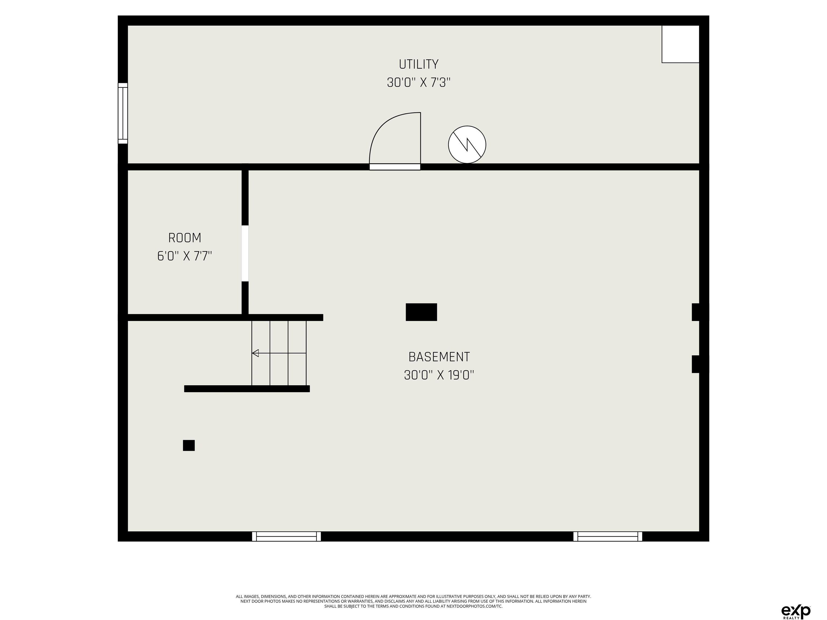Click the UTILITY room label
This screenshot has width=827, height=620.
click(418, 64)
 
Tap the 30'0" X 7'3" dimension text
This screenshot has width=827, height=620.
click(418, 82)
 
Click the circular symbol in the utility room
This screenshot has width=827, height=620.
click(467, 145)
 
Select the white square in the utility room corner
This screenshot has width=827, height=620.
click(681, 44)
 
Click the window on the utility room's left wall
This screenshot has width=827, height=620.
click(123, 113)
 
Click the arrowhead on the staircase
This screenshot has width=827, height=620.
click(255, 353)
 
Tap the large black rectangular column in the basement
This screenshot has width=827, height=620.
click(421, 312)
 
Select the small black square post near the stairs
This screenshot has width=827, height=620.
click(189, 445)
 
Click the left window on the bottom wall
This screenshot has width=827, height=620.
click(286, 536)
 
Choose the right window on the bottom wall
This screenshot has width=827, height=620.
click(608, 536)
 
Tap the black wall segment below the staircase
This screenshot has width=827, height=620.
click(247, 389)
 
